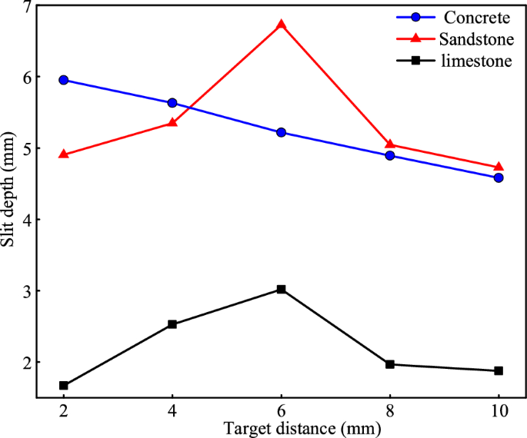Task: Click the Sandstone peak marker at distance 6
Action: point(281,25)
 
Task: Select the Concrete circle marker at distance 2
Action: point(63,80)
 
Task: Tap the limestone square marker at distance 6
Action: point(281,289)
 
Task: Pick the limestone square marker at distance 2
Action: point(63,386)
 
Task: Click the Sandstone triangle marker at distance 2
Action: point(63,154)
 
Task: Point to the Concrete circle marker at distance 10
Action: point(499,178)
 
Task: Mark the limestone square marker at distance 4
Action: point(172,324)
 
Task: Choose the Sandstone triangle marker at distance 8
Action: point(389,144)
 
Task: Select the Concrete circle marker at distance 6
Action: point(281,132)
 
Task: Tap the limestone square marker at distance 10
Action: point(499,370)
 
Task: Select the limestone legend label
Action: point(476,61)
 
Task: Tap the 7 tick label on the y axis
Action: point(27,7)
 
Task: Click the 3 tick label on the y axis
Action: point(27,291)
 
